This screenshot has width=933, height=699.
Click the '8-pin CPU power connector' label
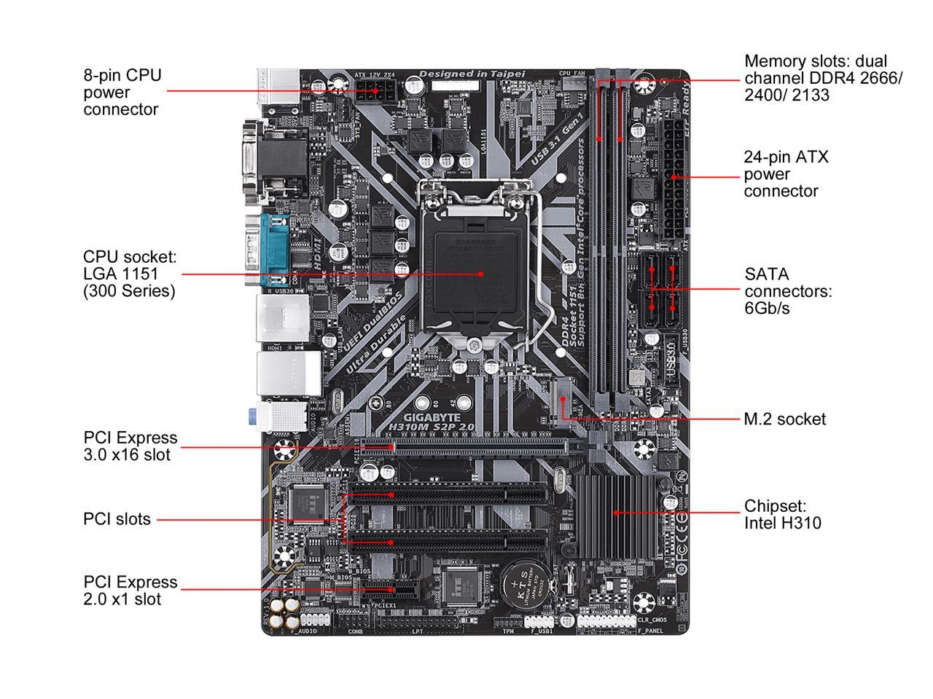coord(122,92)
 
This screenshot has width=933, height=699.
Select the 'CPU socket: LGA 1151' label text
coord(130,274)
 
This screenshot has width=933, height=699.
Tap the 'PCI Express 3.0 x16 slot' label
coord(130,446)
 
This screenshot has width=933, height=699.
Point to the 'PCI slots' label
coord(117,519)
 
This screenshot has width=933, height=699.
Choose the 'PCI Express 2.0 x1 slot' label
coord(130,591)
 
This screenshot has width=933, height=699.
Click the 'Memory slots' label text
coord(823,78)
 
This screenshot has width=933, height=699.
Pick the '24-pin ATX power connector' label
coord(786,174)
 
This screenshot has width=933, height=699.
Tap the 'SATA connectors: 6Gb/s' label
coord(788,291)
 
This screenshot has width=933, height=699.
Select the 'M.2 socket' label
coord(784,419)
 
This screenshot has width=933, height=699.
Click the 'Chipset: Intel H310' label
coord(782,514)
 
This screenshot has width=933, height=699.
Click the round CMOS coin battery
coord(522,583)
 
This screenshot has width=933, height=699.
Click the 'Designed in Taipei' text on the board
coord(472,74)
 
